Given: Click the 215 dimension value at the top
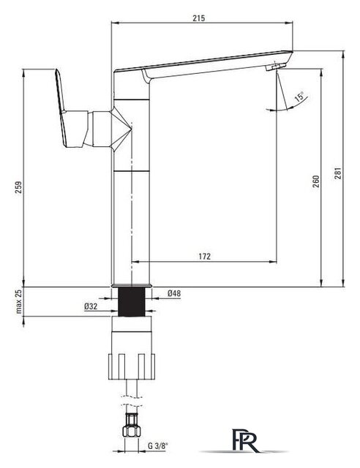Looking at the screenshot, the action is pyautogui.click(x=199, y=18).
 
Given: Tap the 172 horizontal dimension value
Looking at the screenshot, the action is pyautogui.click(x=204, y=257).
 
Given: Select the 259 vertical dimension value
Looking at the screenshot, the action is pyautogui.click(x=18, y=187).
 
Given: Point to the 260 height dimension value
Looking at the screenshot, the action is pyautogui.click(x=316, y=181).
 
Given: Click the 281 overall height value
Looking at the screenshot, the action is pyautogui.click(x=337, y=173).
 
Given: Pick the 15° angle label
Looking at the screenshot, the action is pyautogui.click(x=299, y=97).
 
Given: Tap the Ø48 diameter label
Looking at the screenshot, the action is pyautogui.click(x=174, y=293).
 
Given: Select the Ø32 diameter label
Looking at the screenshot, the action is pyautogui.click(x=91, y=306).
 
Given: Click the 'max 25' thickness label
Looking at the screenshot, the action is pyautogui.click(x=19, y=301).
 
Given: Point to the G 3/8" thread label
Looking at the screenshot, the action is pyautogui.click(x=158, y=446).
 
